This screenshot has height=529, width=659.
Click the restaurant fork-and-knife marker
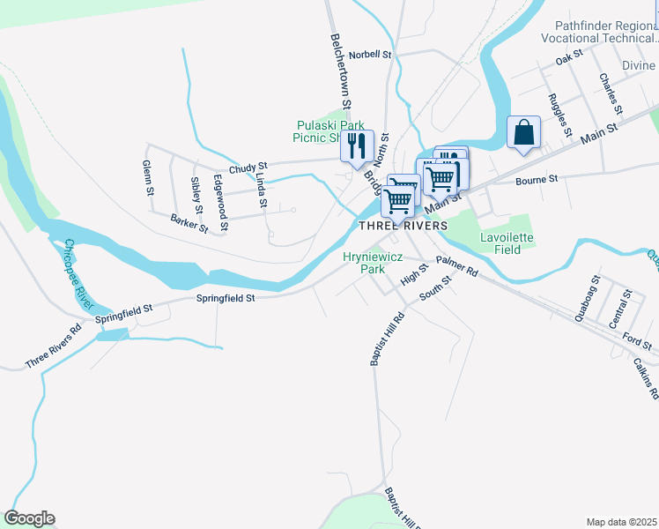[357, 145]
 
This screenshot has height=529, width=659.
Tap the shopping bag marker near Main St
[523, 133]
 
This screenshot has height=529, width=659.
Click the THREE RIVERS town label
[403, 226]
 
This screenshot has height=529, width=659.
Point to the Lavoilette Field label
[507, 243]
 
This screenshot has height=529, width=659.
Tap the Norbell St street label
[369, 55]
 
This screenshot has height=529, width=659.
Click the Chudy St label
[248, 168]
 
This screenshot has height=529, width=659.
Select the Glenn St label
[149, 179]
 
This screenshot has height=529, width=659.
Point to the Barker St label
[189, 224]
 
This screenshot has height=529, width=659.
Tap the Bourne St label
[537, 179]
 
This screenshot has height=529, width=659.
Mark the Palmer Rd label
[455, 266]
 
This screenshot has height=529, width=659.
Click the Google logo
[29, 518]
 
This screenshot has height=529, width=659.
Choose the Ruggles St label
[558, 112]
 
